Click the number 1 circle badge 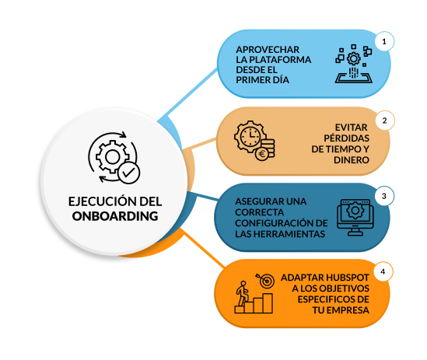pos(383,40)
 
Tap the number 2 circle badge pos(383,121)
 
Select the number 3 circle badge pos(383,196)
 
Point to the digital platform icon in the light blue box pos(354,65)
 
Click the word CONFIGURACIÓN pos(275,222)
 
